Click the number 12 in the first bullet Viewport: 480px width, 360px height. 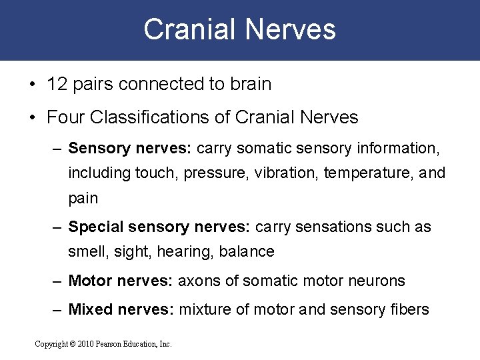click(55, 85)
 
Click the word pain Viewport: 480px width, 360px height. click(83, 198)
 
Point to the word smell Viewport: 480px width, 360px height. click(85, 252)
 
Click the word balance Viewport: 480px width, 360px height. click(251, 252)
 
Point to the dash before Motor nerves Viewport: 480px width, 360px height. click(58, 281)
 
